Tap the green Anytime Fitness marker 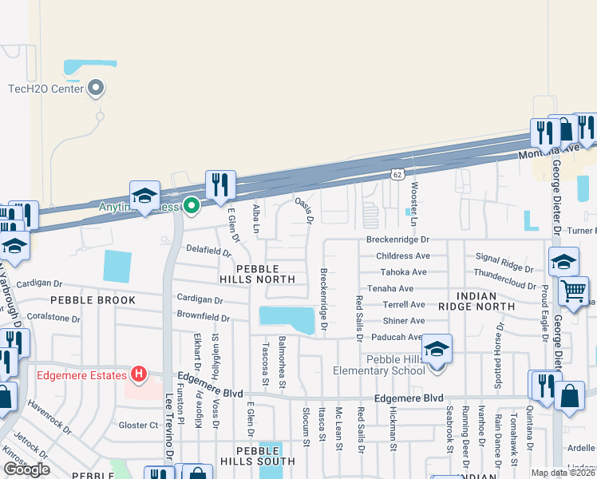pos(192,206)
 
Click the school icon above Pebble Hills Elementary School pos(437,349)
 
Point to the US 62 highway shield pos(397,172)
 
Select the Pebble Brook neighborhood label pos(93,300)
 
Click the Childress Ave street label pos(403,256)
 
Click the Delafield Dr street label pos(208,251)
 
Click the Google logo pos(26,469)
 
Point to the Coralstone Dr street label pos(54,318)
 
